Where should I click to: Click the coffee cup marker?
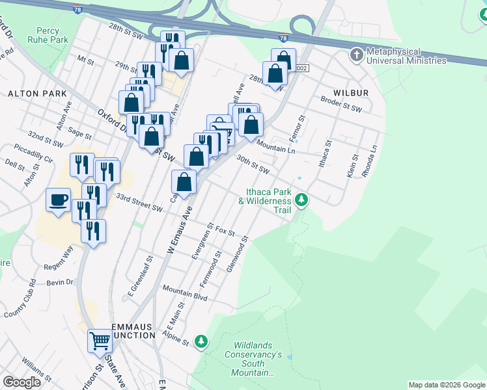pos(59,199)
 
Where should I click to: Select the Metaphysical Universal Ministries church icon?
pos(356,55)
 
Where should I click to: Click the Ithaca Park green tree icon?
pos(301,200)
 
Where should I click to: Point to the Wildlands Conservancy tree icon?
pos(202,341)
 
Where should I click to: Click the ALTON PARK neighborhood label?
pos(37,94)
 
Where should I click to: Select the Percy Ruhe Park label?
pos(52,34)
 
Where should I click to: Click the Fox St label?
pos(225,231)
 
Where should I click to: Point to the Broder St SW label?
pos(341,104)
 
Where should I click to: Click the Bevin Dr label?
pos(62,283)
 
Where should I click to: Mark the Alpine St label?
pos(176,340)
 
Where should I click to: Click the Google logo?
pos(21,383)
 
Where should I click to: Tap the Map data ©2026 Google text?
pos(447,385)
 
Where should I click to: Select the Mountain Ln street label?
pos(276,147)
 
